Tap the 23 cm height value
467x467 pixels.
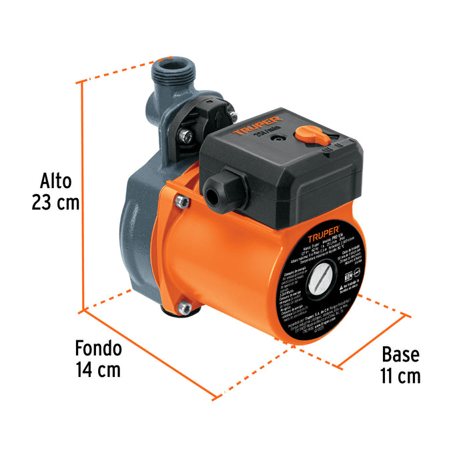click(x=55, y=203)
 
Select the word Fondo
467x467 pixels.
click(x=98, y=348)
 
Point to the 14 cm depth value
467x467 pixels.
click(x=98, y=370)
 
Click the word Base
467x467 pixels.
click(x=400, y=354)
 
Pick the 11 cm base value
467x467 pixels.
click(x=400, y=376)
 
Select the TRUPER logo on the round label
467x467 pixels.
click(x=320, y=236)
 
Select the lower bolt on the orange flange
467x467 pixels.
click(x=185, y=308)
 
